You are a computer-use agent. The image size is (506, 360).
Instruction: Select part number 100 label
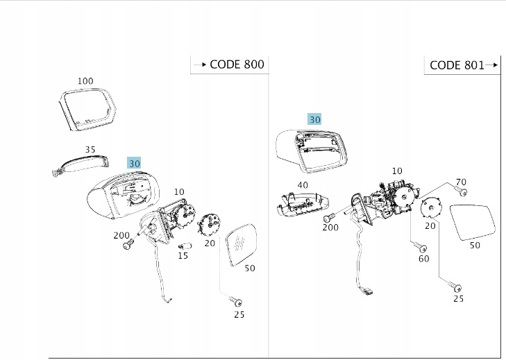tap(85, 81)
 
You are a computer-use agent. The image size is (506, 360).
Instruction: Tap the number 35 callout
tap(90, 149)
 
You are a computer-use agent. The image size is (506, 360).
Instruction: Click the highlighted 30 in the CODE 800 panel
tap(135, 162)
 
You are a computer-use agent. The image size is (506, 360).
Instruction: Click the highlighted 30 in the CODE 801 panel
tap(315, 119)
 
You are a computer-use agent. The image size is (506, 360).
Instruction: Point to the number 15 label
tap(183, 256)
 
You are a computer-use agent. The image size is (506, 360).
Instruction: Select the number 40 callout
tap(302, 185)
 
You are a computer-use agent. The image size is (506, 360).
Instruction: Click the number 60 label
tap(423, 259)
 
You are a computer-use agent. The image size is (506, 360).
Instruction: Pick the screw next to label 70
tap(461, 191)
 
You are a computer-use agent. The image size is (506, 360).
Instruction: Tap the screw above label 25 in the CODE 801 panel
tap(455, 286)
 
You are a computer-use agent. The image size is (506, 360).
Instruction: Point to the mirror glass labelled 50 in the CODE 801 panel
tap(473, 222)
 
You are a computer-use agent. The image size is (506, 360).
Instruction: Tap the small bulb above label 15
tap(185, 245)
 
